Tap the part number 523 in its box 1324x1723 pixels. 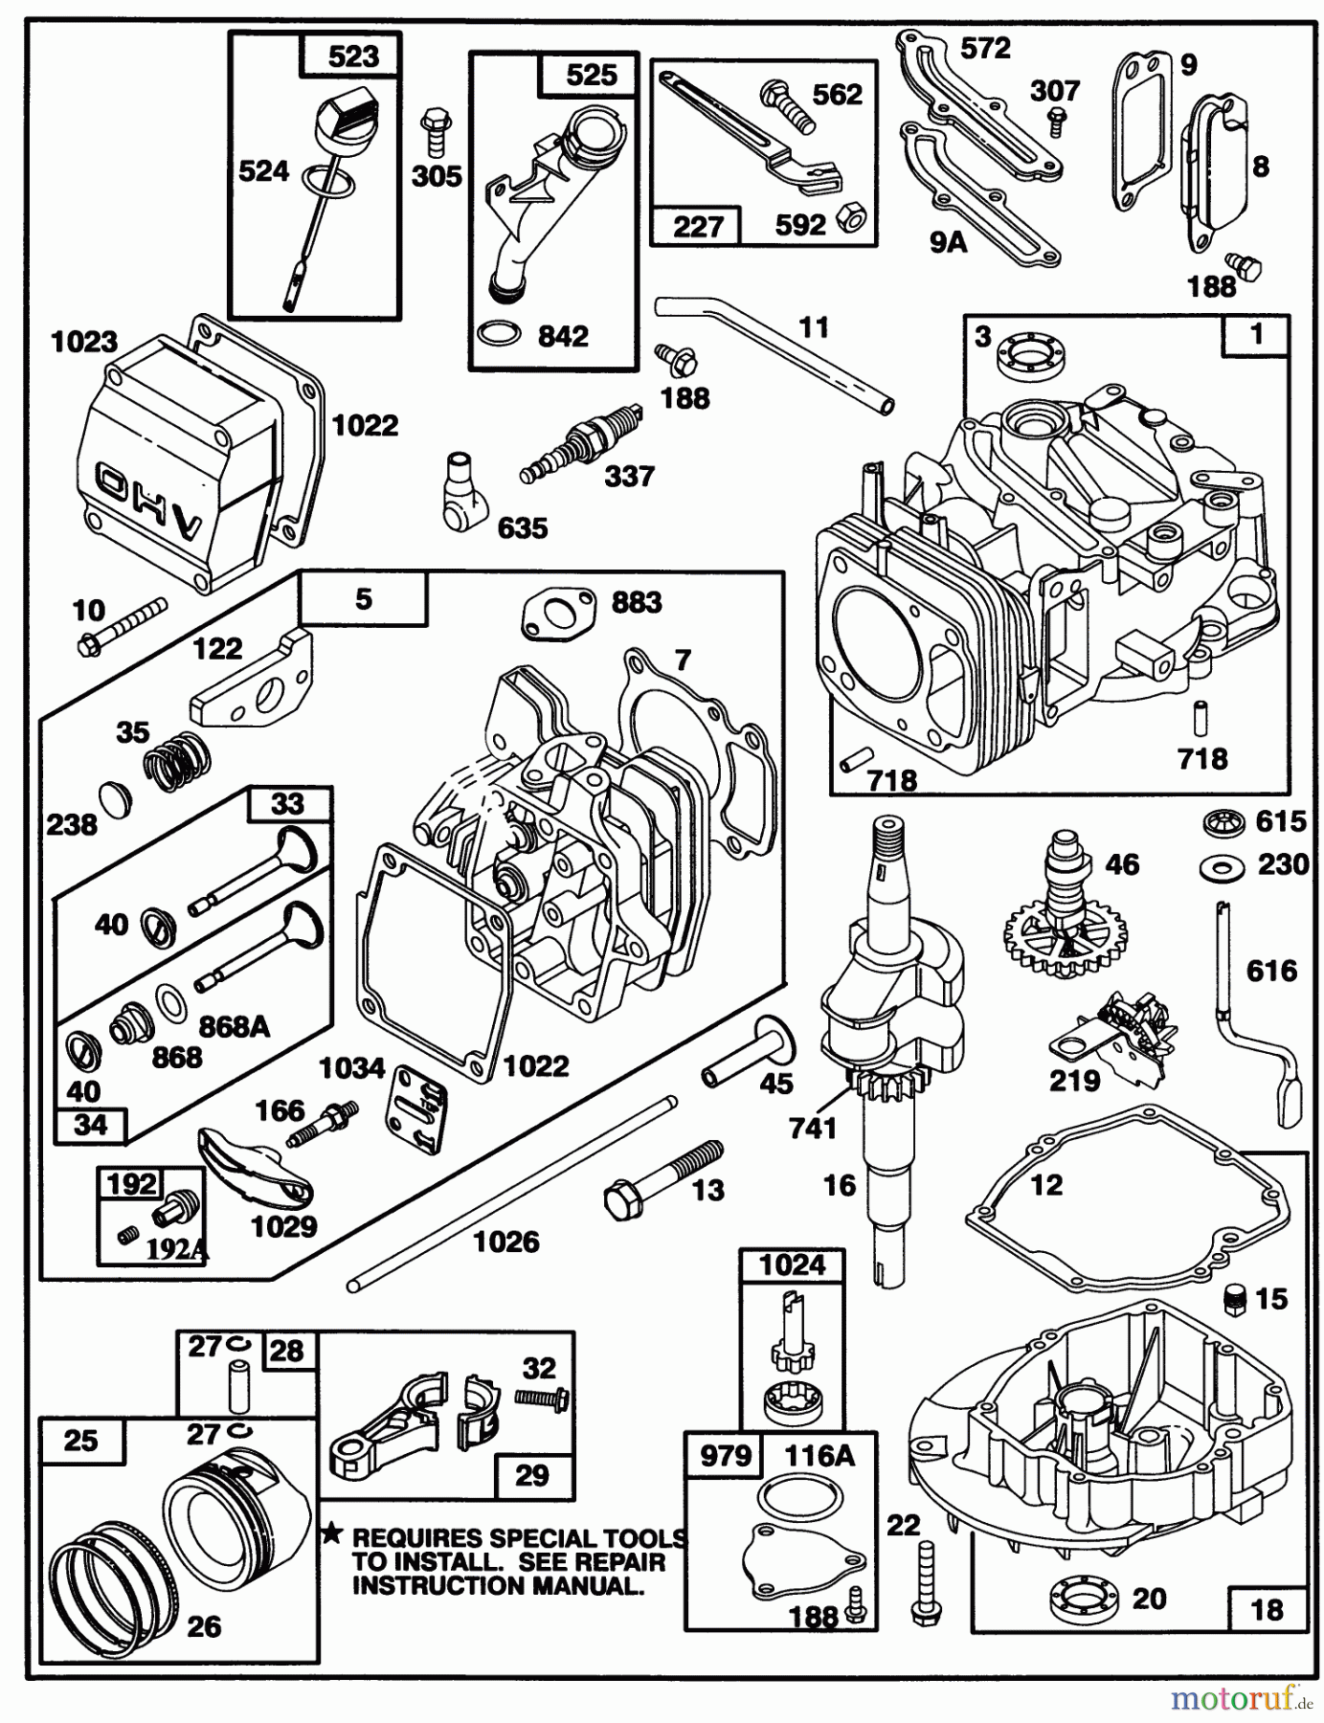(352, 56)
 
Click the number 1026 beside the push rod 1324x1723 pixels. (506, 1242)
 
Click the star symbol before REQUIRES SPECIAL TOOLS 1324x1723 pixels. (332, 1535)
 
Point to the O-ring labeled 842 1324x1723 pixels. (499, 335)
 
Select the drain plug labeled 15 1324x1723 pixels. (1240, 1297)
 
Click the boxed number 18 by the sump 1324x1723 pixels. (1267, 1608)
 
